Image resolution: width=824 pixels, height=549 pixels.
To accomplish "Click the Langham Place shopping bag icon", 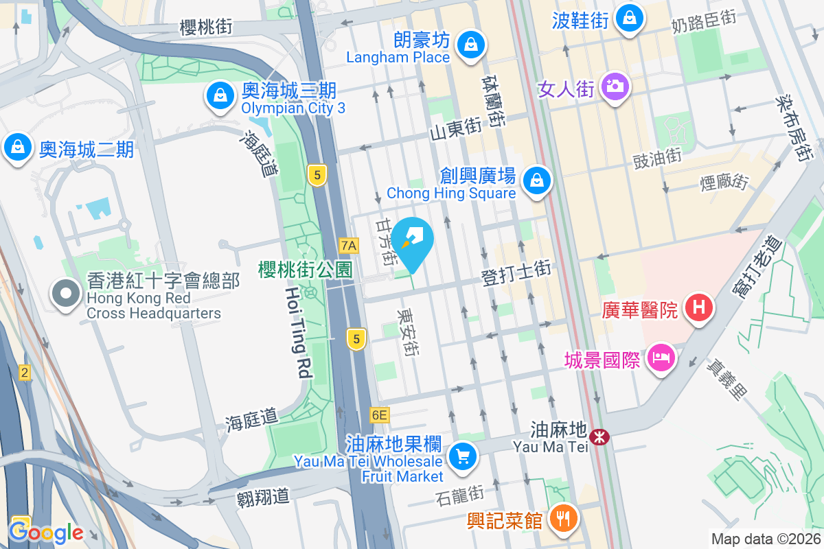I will pyautogui.click(x=470, y=45).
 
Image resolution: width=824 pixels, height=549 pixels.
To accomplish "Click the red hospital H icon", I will pyautogui.click(x=699, y=307).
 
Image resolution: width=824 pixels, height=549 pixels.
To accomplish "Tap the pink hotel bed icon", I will pyautogui.click(x=661, y=358).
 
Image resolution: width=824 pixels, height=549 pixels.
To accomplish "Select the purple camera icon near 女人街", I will pyautogui.click(x=614, y=86).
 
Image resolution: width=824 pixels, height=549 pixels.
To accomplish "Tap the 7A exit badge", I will pyautogui.click(x=349, y=245).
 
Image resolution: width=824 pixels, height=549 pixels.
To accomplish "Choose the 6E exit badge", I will pyautogui.click(x=379, y=414).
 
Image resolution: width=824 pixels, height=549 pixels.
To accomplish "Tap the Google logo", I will pyautogui.click(x=46, y=533).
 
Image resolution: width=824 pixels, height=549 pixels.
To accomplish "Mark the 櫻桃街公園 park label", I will pyautogui.click(x=305, y=270).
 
